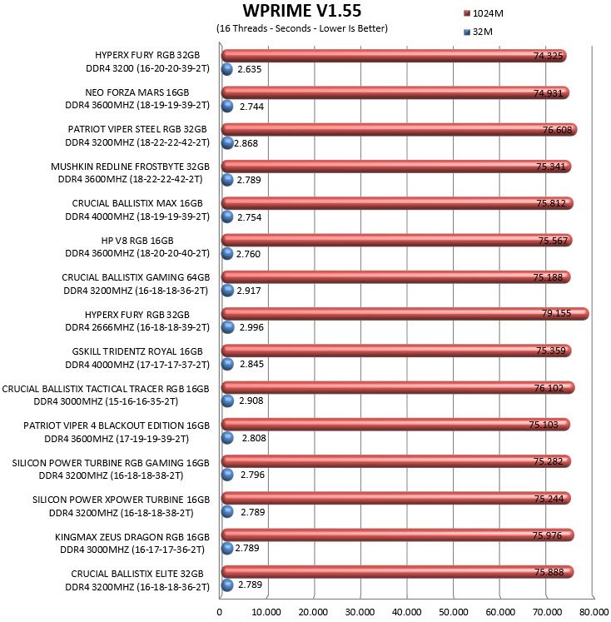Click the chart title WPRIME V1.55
(x=301, y=11)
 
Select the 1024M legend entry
(x=484, y=13)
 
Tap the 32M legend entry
(x=478, y=32)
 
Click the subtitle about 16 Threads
(x=302, y=28)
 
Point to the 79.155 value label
(x=556, y=313)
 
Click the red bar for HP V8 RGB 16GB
(x=396, y=240)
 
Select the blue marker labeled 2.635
(x=226, y=69)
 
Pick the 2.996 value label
(x=251, y=327)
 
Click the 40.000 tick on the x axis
(x=407, y=612)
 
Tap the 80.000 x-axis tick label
(x=594, y=612)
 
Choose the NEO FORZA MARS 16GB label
(x=137, y=92)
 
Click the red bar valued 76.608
(x=399, y=130)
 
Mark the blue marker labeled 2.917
(x=227, y=291)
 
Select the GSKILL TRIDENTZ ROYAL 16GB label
(x=137, y=351)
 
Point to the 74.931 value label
(x=548, y=93)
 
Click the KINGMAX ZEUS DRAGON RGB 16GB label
(x=132, y=537)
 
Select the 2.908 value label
(x=251, y=401)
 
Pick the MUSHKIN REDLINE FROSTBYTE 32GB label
(x=130, y=167)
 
